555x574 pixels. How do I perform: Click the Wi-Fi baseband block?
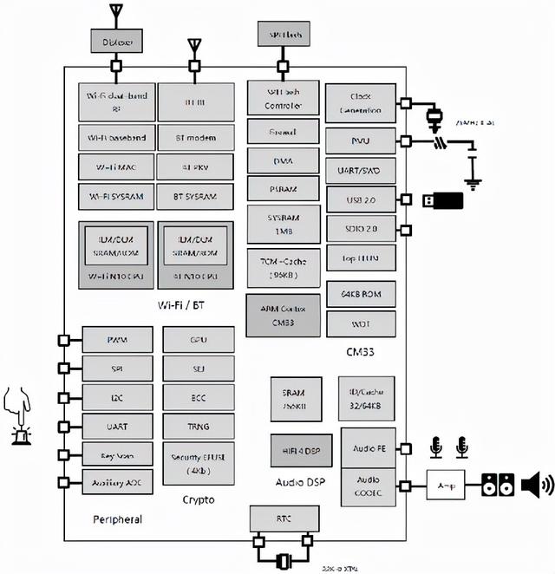click(117, 138)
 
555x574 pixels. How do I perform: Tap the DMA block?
click(282, 160)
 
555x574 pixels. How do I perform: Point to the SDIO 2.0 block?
click(359, 228)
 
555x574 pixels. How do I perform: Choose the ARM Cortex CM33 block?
click(283, 315)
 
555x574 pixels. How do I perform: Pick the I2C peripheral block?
click(117, 398)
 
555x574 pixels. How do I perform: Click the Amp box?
click(447, 486)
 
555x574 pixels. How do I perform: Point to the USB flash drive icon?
click(442, 201)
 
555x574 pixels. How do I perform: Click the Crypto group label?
click(198, 500)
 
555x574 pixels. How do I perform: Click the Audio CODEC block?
click(369, 485)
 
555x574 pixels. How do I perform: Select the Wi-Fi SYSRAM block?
click(117, 195)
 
